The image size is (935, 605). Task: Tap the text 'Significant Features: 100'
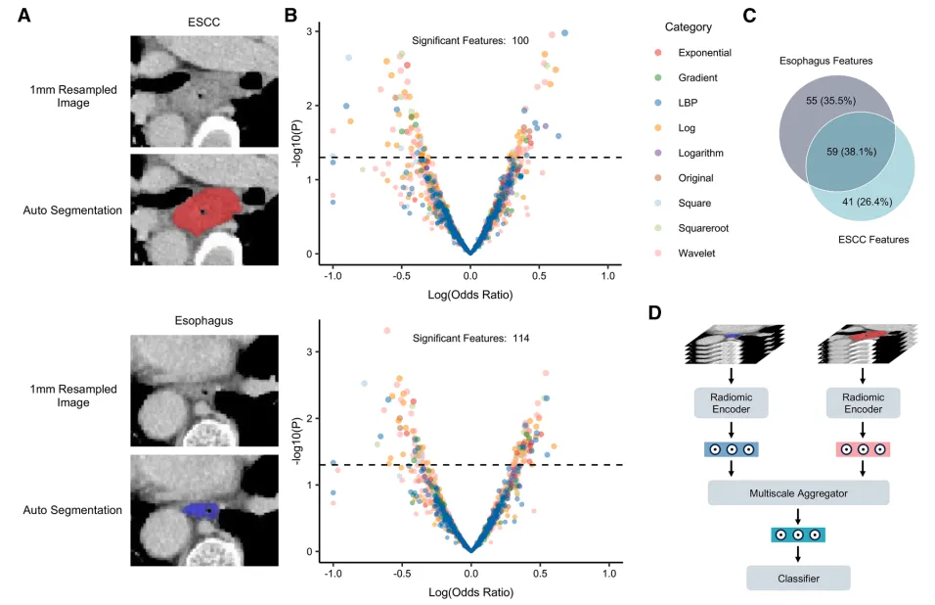[470, 40]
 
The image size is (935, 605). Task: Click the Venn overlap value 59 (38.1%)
[837, 152]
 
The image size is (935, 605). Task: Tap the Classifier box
[798, 579]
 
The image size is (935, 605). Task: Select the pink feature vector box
[863, 449]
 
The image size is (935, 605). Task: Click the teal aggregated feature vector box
[798, 535]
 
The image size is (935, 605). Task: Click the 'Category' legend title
[688, 26]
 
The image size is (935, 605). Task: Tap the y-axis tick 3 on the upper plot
[308, 31]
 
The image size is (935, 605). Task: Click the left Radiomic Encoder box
[731, 402]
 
